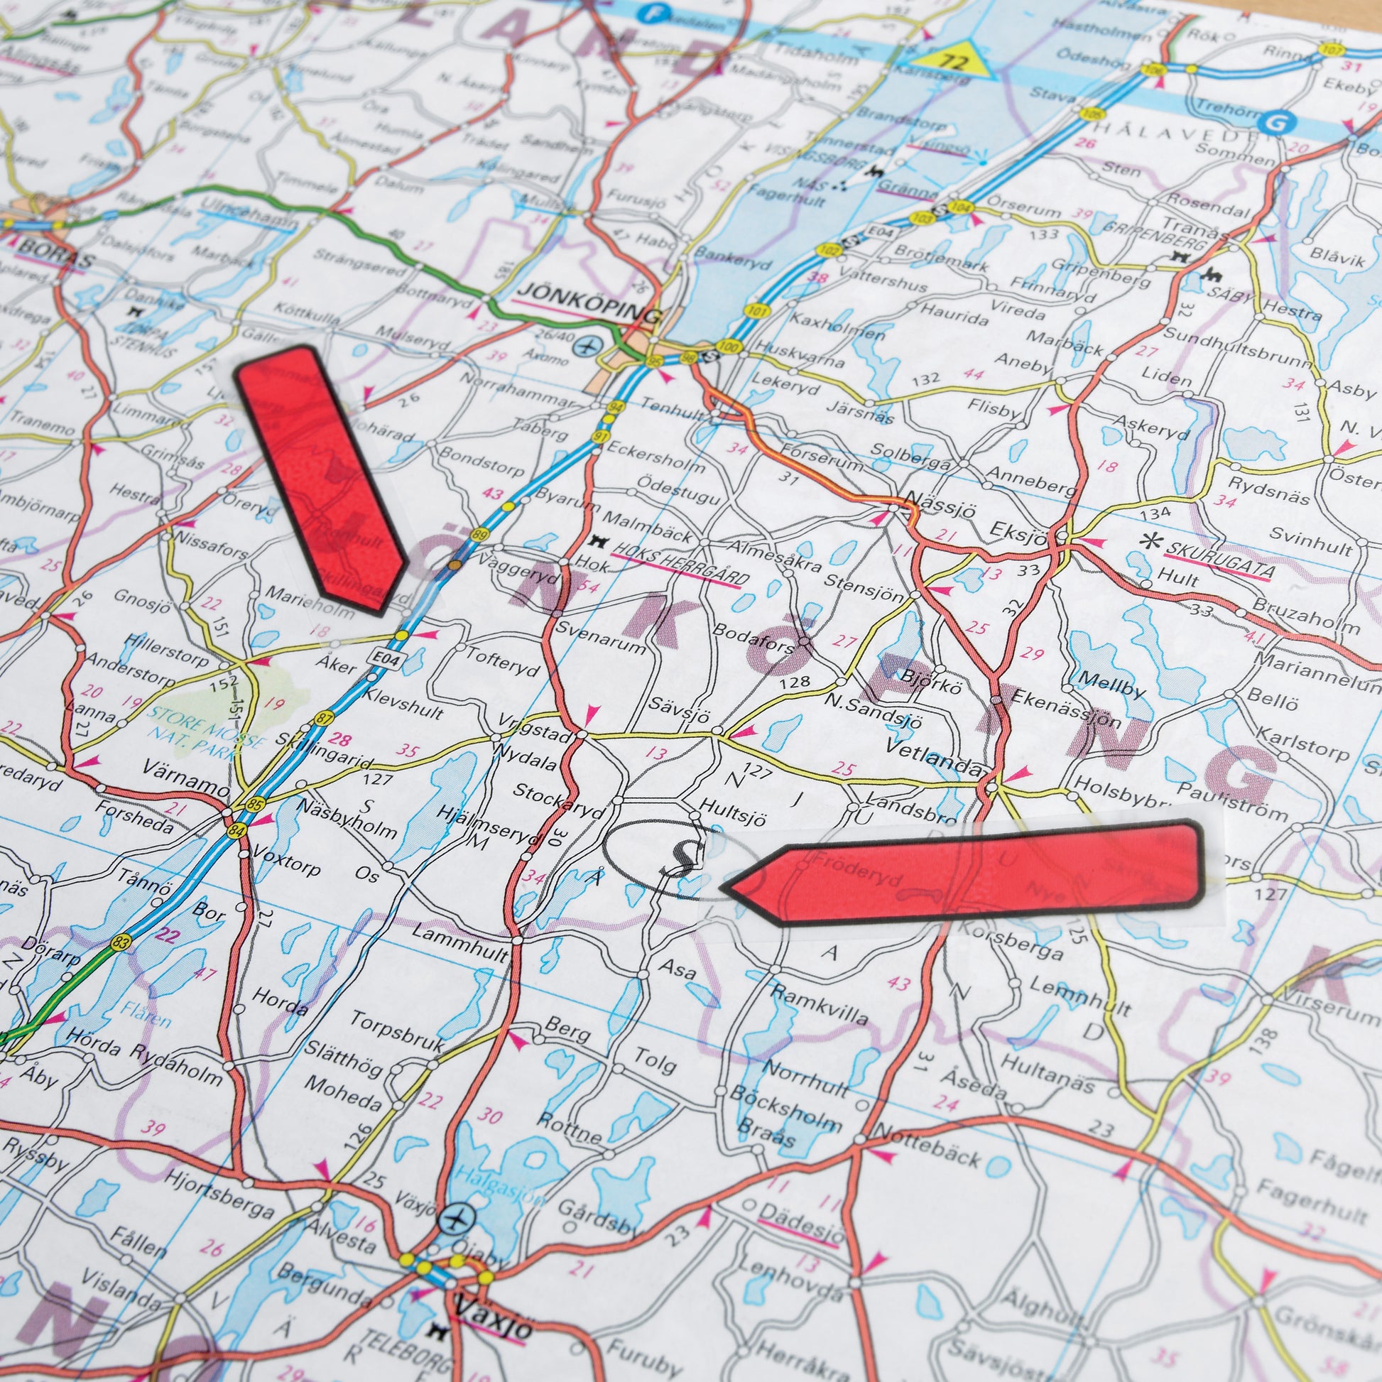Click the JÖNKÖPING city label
click(x=588, y=299)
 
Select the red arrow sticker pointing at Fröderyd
click(x=962, y=874)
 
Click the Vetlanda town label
click(x=932, y=755)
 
